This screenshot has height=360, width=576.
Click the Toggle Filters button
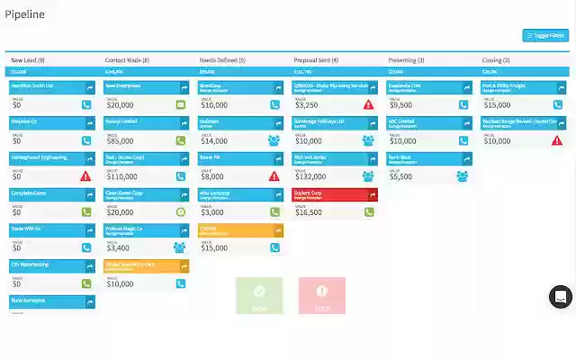545,36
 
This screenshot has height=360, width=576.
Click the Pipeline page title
25,13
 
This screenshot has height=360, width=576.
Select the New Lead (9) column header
30,60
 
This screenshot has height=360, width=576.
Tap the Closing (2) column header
496,60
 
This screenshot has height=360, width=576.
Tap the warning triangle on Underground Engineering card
86,176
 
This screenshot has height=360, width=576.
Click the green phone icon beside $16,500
369,212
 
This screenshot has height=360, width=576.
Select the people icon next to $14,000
274,140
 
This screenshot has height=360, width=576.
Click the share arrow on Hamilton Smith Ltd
89,88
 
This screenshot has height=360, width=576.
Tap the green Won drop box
258,296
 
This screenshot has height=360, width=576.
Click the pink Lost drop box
321,296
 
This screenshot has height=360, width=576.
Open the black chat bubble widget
560,296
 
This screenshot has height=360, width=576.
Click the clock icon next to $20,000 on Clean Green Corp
180,212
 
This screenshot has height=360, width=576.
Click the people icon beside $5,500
462,176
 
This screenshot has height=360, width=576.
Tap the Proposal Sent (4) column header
316,60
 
